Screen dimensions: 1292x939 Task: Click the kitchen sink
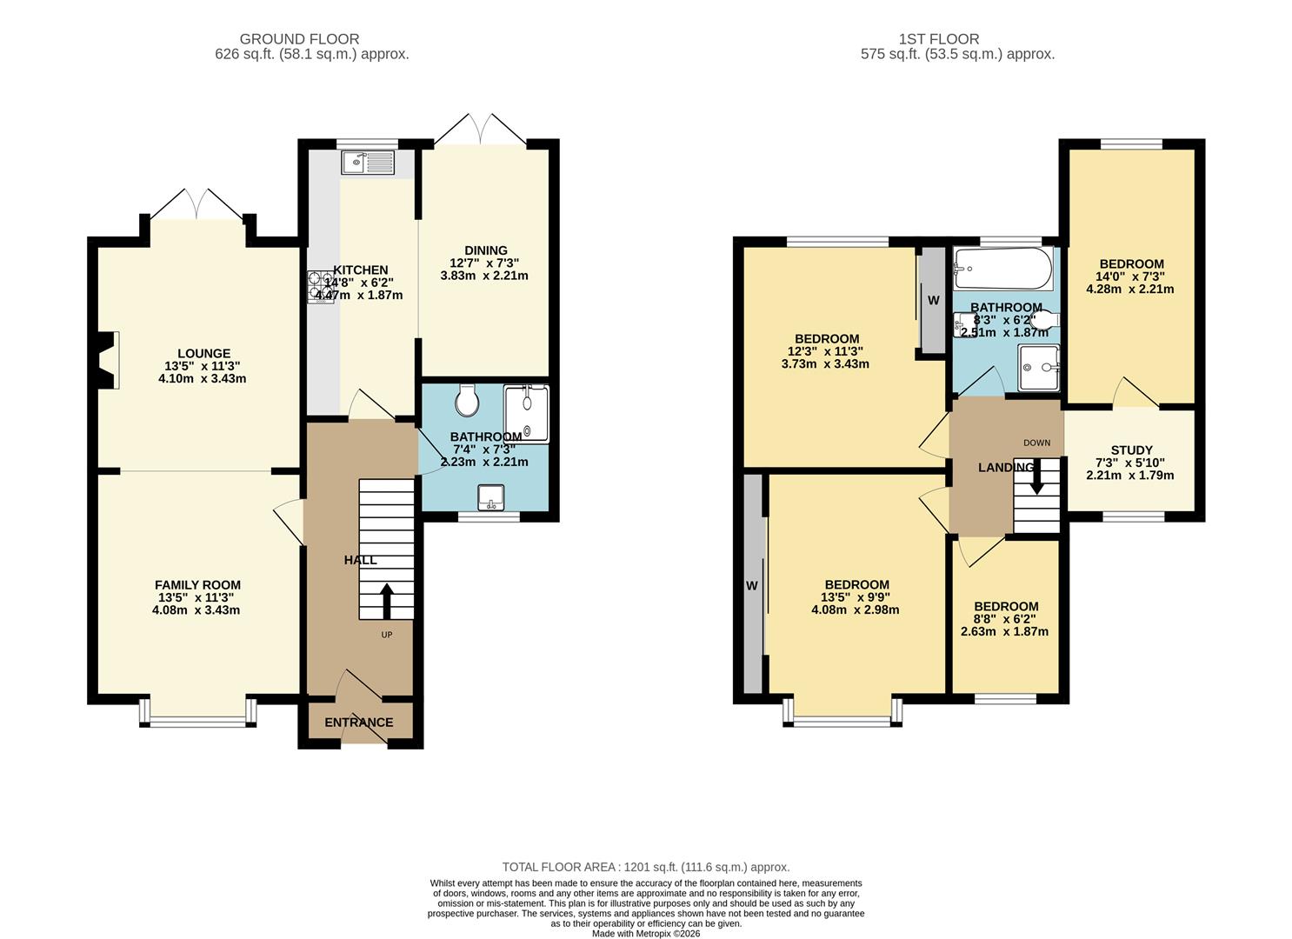pos(368,162)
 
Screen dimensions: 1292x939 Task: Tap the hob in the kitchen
pos(321,287)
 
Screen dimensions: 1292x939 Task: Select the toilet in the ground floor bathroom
pos(467,400)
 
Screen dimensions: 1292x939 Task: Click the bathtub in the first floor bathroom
pos(1002,269)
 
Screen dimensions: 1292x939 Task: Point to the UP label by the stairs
pos(386,635)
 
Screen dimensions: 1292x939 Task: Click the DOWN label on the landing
pos(1036,443)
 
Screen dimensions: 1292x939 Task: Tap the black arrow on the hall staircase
pos(386,602)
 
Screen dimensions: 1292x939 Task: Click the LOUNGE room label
pos(203,354)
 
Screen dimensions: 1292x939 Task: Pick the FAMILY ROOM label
pos(198,585)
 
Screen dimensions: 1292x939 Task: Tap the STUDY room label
pos(1132,450)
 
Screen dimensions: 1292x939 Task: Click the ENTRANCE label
pos(359,723)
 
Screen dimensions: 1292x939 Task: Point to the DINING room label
pos(486,250)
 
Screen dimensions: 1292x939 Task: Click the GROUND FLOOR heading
pos(299,39)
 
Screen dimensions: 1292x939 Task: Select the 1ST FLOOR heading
pos(938,39)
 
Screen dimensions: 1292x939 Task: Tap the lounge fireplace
pos(109,360)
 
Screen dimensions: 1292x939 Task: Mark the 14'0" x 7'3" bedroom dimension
pos(1130,276)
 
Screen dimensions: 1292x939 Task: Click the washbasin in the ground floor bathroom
pos(491,498)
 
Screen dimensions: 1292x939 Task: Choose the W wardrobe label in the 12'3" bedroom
pos(933,301)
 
